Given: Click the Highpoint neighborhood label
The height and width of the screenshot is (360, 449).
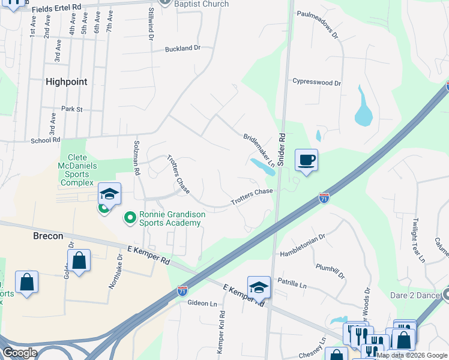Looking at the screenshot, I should point(66,82).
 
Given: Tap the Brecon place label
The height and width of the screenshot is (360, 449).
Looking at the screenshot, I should point(48,236).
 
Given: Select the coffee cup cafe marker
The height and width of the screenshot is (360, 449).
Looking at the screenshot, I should point(306,161).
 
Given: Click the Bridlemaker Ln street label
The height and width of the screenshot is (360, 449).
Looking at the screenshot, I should point(259,151).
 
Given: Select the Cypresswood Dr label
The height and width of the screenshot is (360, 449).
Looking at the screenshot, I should point(316,83).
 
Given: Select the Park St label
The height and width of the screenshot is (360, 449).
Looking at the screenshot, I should point(71,109).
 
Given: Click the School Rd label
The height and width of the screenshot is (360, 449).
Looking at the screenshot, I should point(46,139).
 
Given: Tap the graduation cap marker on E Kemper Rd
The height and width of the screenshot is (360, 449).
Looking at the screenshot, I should point(259,287).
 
